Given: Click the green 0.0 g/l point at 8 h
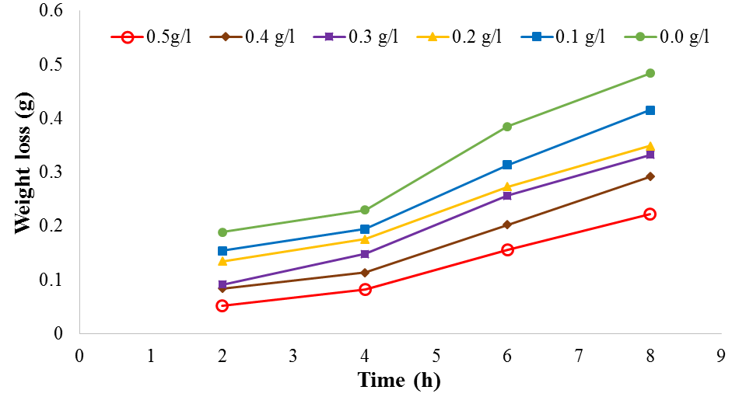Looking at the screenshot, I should [x=650, y=73].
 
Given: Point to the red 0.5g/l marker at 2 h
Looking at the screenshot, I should [x=222, y=305].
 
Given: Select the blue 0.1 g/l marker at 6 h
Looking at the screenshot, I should [x=507, y=165].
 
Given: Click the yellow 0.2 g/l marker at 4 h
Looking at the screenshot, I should [x=365, y=239].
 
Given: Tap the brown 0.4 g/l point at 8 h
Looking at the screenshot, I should [x=650, y=176].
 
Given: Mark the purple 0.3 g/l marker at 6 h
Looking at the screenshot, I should [x=507, y=196].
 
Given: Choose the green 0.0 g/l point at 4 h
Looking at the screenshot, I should [x=365, y=210].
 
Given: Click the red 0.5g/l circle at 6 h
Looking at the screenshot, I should [x=507, y=249].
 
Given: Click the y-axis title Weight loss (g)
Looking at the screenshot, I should [x=23, y=171].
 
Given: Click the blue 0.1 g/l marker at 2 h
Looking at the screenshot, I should [x=222, y=251].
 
